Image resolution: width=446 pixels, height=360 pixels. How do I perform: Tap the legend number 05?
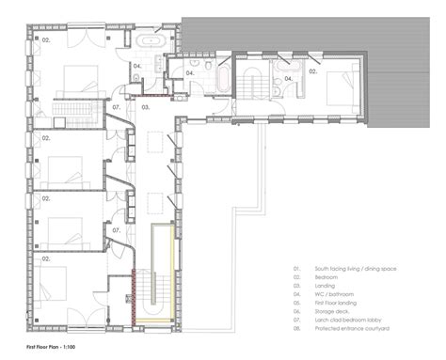click(x=295, y=303)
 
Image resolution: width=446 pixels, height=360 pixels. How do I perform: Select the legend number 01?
click(x=295, y=269)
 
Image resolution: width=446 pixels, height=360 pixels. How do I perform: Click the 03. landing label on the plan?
click(x=146, y=108)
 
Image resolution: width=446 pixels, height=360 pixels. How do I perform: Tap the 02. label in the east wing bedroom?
click(x=313, y=70)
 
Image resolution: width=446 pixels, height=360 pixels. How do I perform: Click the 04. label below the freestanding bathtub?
click(x=136, y=66)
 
